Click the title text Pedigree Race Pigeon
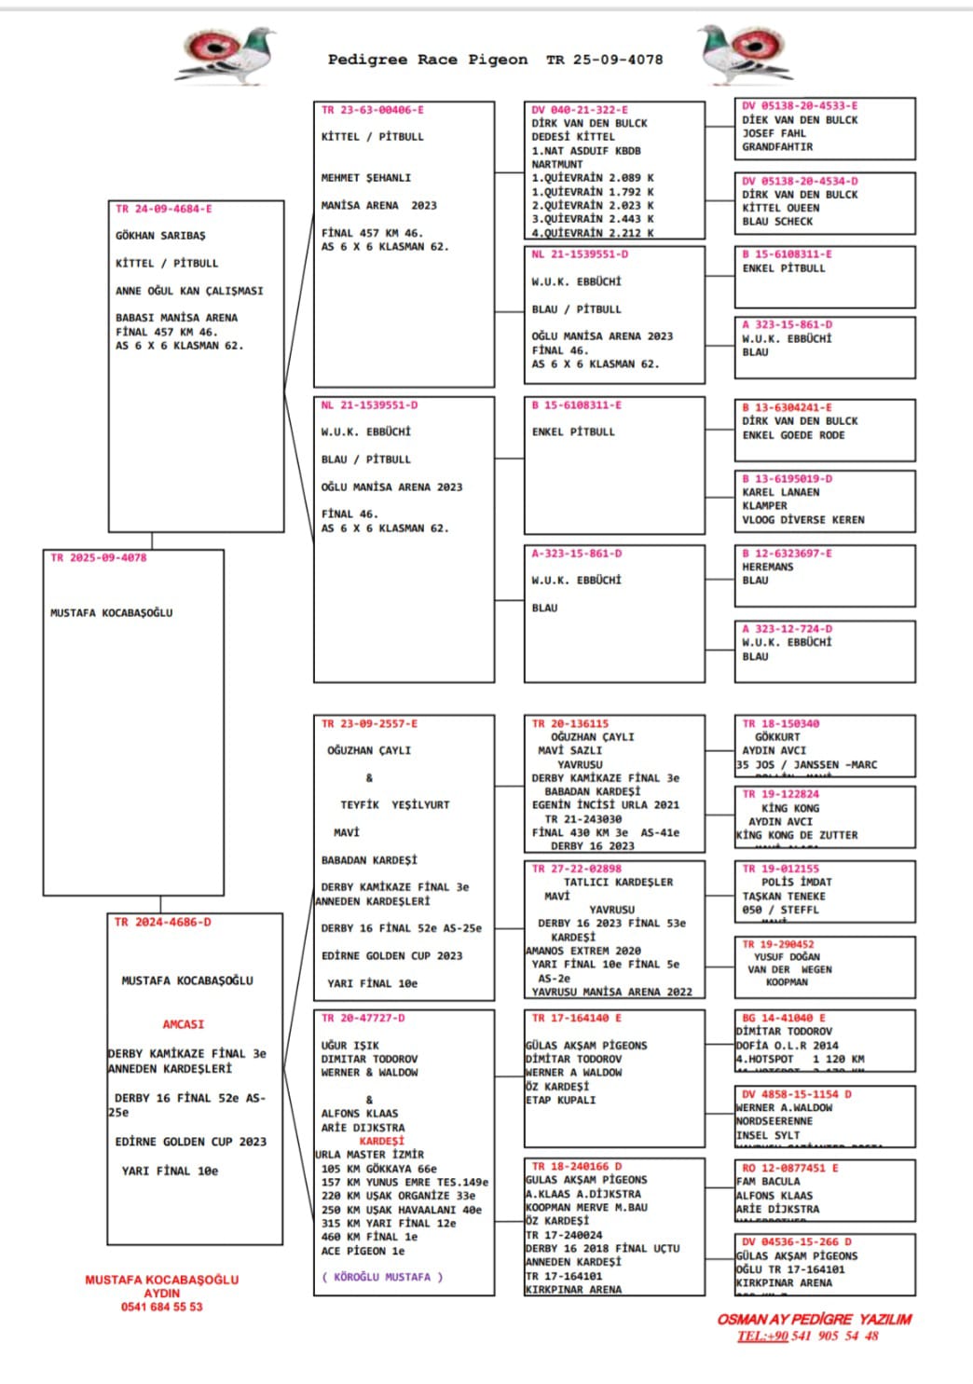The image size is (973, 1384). tap(427, 60)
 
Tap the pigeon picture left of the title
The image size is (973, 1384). tap(226, 55)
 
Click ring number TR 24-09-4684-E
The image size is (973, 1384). tap(163, 209)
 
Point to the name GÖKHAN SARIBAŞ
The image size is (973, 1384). tap(160, 236)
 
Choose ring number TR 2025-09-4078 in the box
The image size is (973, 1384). tap(98, 557)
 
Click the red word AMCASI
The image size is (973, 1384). tap(183, 1024)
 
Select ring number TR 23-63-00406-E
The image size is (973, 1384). tap(372, 110)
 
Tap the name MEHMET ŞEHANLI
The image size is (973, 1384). tap(365, 177)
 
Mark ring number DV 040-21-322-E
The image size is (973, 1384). tap(580, 110)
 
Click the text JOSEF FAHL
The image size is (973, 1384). tap(774, 133)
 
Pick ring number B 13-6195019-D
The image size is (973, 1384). tap(788, 479)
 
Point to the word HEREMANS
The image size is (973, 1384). tap(768, 567)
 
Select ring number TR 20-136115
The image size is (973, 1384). tap(570, 723)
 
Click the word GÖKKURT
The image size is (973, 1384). tap(777, 736)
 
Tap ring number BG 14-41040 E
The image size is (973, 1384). tap(784, 1018)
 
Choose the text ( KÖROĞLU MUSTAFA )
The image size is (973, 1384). tap(382, 1277)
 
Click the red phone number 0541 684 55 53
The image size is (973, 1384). tap(161, 1307)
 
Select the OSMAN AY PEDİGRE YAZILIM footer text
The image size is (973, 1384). tap(814, 1319)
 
